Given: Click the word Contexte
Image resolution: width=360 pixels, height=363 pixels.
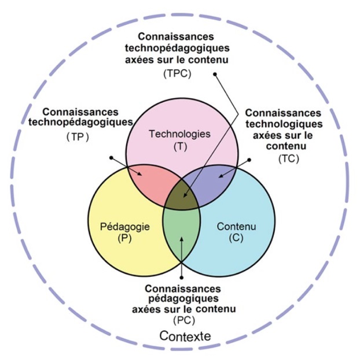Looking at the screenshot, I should pos(184,335).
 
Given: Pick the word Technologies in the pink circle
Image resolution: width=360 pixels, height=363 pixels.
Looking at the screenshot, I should pos(181,134).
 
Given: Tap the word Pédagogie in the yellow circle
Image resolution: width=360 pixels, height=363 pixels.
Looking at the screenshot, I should pos(125,227).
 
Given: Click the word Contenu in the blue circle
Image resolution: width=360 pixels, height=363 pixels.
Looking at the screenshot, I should pos(236,227).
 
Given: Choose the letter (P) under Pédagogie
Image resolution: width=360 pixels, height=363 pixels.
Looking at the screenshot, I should pos(125,238).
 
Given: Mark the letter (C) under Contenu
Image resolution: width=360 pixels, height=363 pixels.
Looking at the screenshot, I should pos(236,238).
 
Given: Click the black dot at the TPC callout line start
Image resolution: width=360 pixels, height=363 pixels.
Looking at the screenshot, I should pos(215,74).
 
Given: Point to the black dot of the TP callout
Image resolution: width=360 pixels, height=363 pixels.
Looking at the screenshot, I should pos(111,157).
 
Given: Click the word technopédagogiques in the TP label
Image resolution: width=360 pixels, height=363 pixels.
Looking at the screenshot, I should pos(80,122).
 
